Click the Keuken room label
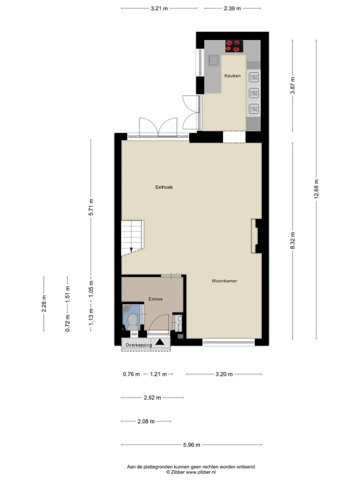point(232,75)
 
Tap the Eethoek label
point(164,187)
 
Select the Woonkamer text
point(224,280)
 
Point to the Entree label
point(155,299)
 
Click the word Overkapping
point(138,345)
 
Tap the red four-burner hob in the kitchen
point(234,46)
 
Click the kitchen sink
point(213,60)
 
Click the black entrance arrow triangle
point(159,342)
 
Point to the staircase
point(132,237)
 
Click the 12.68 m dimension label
point(316,189)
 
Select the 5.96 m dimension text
point(191,445)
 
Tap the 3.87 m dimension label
point(292,85)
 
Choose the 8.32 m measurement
point(292,240)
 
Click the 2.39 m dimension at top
point(232,8)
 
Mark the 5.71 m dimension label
point(91,207)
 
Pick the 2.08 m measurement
point(146,421)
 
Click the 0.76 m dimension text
point(131,374)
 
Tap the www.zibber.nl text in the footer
point(201,472)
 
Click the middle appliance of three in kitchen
point(254,93)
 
